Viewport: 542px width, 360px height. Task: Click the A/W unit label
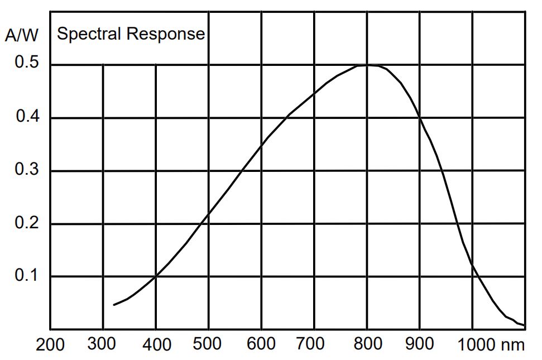pos(23,35)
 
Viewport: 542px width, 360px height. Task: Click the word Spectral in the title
pos(90,34)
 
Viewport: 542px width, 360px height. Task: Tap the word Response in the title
pos(165,35)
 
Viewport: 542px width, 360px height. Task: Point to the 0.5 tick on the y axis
pos(27,63)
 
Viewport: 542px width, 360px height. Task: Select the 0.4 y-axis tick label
pos(27,117)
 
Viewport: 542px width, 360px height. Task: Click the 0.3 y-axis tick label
pos(27,170)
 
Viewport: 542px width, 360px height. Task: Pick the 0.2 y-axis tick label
pos(27,223)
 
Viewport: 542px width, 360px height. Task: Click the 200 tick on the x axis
pos(50,344)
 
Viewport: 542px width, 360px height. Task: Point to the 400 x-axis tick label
pos(156,344)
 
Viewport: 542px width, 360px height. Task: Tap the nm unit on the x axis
pos(513,344)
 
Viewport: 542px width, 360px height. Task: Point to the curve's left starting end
pos(114,305)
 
